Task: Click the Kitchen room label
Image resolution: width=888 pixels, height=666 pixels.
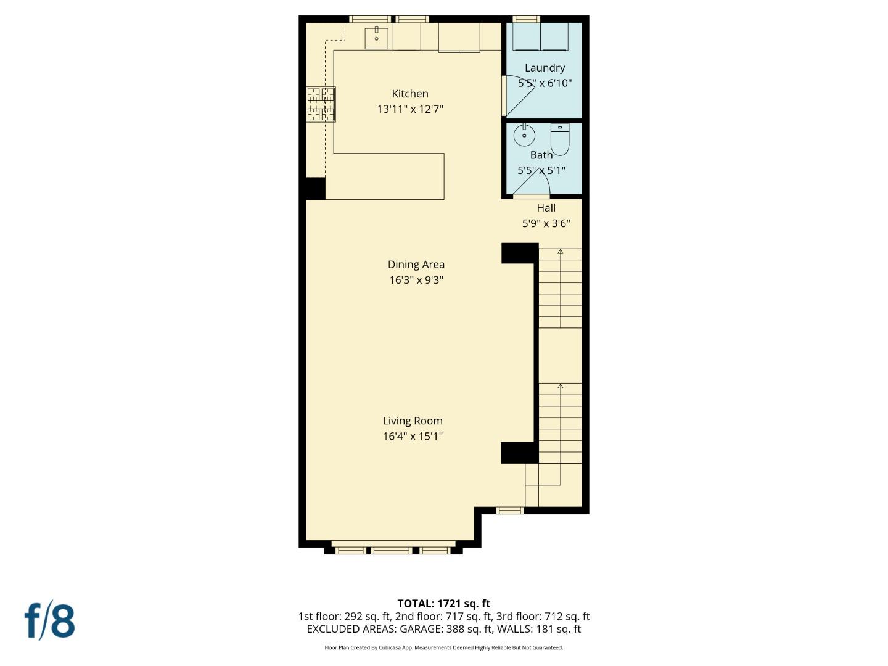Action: [x=410, y=94]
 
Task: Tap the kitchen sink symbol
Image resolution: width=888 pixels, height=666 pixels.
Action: [x=376, y=38]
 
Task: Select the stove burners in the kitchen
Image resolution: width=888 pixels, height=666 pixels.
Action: [x=321, y=104]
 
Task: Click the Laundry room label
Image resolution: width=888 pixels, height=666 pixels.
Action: [x=545, y=68]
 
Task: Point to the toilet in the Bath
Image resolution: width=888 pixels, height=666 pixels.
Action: [x=559, y=141]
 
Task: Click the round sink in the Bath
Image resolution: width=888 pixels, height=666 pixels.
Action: [x=524, y=135]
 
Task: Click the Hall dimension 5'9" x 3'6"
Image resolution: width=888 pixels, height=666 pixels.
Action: [x=546, y=223]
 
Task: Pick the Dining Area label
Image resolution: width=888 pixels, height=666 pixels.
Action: [x=416, y=265]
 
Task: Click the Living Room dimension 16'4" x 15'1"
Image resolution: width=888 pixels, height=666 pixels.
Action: [x=413, y=437]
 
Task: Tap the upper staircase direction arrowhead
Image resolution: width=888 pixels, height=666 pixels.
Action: [x=561, y=252]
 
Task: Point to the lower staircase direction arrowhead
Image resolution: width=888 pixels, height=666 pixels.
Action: [x=561, y=386]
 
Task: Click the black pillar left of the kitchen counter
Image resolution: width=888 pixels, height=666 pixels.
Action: [x=315, y=188]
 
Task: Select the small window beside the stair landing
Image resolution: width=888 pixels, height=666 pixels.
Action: [x=510, y=510]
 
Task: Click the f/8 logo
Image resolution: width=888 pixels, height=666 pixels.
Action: [x=50, y=621]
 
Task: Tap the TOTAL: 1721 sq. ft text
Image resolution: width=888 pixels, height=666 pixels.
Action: [x=443, y=604]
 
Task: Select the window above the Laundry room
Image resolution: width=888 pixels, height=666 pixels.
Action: [x=527, y=19]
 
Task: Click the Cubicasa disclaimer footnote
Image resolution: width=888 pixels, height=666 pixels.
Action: [x=443, y=647]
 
